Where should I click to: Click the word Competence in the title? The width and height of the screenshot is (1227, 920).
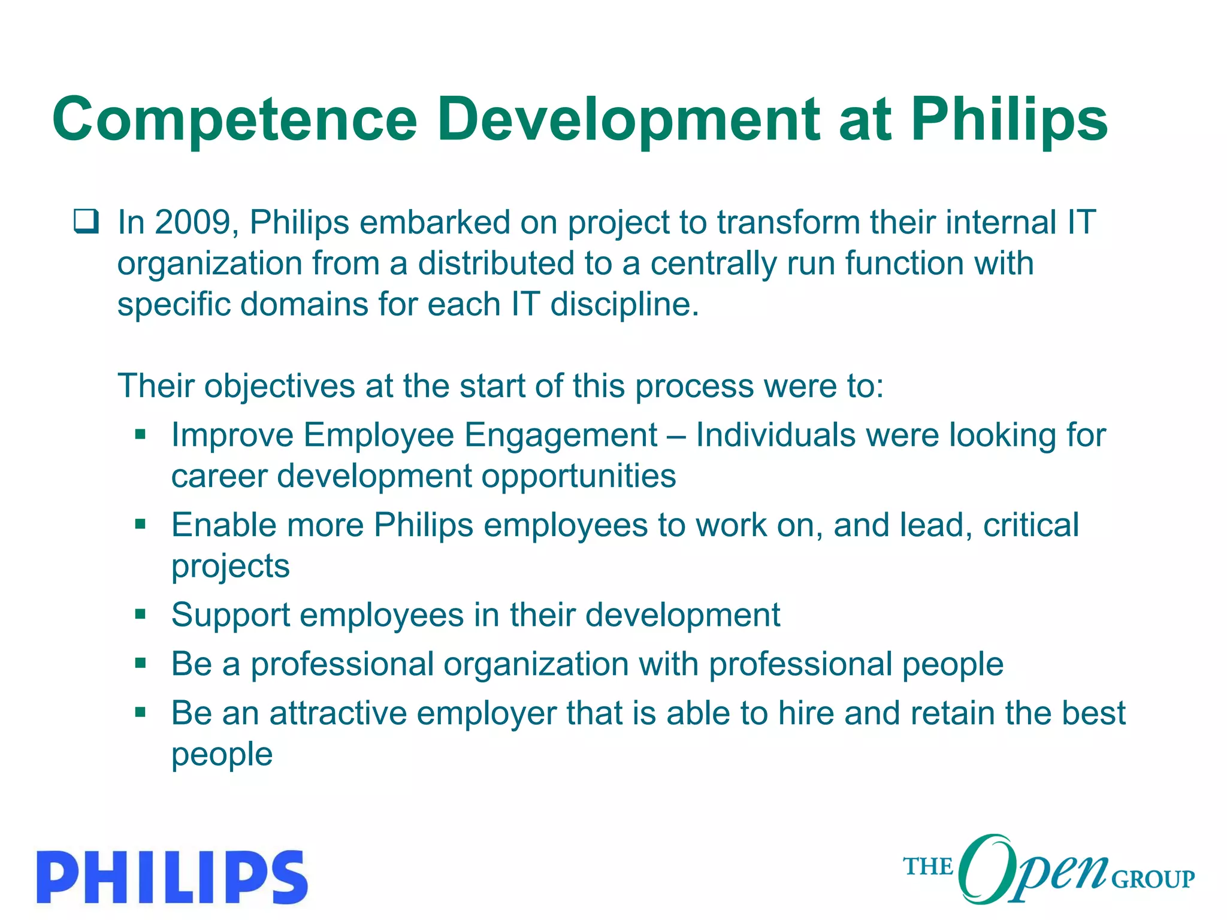[235, 120]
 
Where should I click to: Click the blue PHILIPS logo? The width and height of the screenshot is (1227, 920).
[173, 876]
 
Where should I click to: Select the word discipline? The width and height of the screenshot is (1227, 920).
[624, 305]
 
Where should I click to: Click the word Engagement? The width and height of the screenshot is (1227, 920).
[561, 435]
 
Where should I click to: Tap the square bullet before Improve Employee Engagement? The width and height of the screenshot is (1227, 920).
[141, 434]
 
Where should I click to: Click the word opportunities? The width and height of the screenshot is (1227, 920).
[579, 477]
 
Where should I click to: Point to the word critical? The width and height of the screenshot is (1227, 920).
[1031, 525]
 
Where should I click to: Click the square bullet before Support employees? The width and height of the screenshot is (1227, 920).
[141, 614]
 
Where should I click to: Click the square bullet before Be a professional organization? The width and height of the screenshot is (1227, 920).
[141, 663]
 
